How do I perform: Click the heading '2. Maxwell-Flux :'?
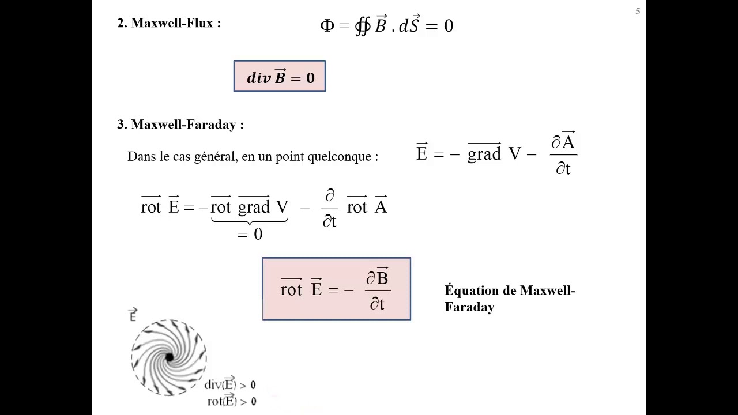pyautogui.click(x=169, y=24)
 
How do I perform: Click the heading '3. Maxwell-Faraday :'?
pyautogui.click(x=180, y=124)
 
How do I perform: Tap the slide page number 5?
pyautogui.click(x=638, y=12)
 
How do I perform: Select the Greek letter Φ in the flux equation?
pyautogui.click(x=327, y=26)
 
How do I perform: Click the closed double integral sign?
pyautogui.click(x=362, y=26)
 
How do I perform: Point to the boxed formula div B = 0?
pyautogui.click(x=280, y=77)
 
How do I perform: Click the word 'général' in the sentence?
pyautogui.click(x=215, y=157)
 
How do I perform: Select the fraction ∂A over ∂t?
pyautogui.click(x=563, y=154)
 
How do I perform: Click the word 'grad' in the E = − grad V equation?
pyautogui.click(x=484, y=154)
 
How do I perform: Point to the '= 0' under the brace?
pyautogui.click(x=250, y=234)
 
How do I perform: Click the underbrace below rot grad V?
pyautogui.click(x=249, y=222)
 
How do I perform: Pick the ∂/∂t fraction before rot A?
pyautogui.click(x=329, y=208)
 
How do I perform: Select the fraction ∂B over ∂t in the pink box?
pyautogui.click(x=377, y=289)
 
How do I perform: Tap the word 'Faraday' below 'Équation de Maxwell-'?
pyautogui.click(x=469, y=307)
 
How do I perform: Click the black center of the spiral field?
pyautogui.click(x=169, y=358)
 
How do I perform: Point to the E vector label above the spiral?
pyautogui.click(x=133, y=315)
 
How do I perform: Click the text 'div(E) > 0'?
pyautogui.click(x=229, y=384)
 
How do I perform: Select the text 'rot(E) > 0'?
pyautogui.click(x=231, y=401)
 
